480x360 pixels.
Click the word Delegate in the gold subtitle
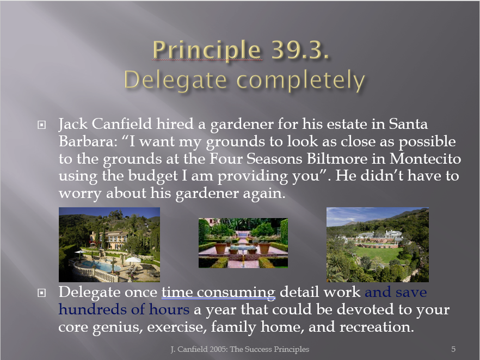pyautogui.click(x=175, y=80)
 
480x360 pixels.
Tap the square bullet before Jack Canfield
pyautogui.click(x=41, y=125)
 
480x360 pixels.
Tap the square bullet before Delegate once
pyautogui.click(x=41, y=293)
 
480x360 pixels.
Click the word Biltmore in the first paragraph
pyautogui.click(x=346, y=158)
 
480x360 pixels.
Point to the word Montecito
pyautogui.click(x=425, y=158)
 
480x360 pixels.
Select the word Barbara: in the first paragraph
pyautogui.click(x=88, y=141)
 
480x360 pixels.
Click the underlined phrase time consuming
pyautogui.click(x=219, y=292)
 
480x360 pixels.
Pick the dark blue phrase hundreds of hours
pyautogui.click(x=124, y=309)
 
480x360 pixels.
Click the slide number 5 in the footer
pyautogui.click(x=453, y=349)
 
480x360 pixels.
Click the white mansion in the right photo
pyautogui.click(x=379, y=235)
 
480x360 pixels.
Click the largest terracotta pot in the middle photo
pyautogui.click(x=220, y=248)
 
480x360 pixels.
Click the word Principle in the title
pyautogui.click(x=207, y=50)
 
